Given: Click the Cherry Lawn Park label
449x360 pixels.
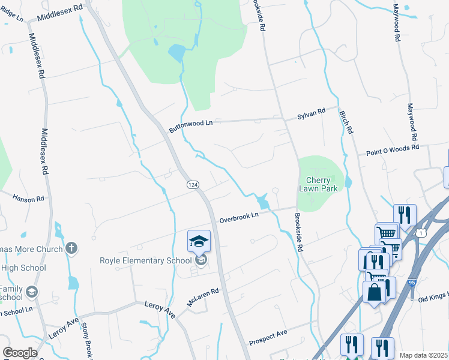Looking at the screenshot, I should point(318,184).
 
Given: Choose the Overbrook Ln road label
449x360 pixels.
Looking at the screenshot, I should point(238,217).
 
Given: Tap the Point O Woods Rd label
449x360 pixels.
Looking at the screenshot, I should point(392,151).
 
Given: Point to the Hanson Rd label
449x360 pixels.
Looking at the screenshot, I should point(29,198).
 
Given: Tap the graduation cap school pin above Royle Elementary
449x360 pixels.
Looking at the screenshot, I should point(199,241).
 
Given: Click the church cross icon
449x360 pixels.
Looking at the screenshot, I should point(71,248).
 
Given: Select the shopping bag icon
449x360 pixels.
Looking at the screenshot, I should point(375,293).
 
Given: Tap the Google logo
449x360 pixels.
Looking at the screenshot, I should point(20,353).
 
